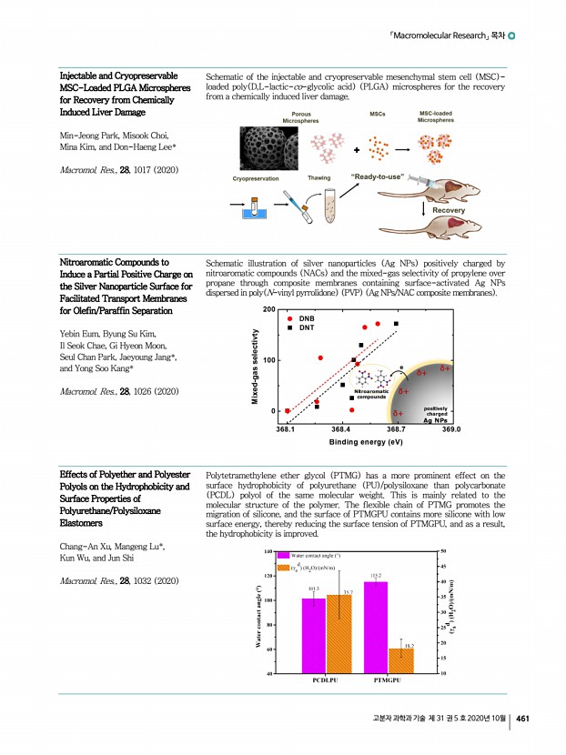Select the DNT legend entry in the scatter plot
coord(308,328)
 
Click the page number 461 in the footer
coord(523,719)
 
